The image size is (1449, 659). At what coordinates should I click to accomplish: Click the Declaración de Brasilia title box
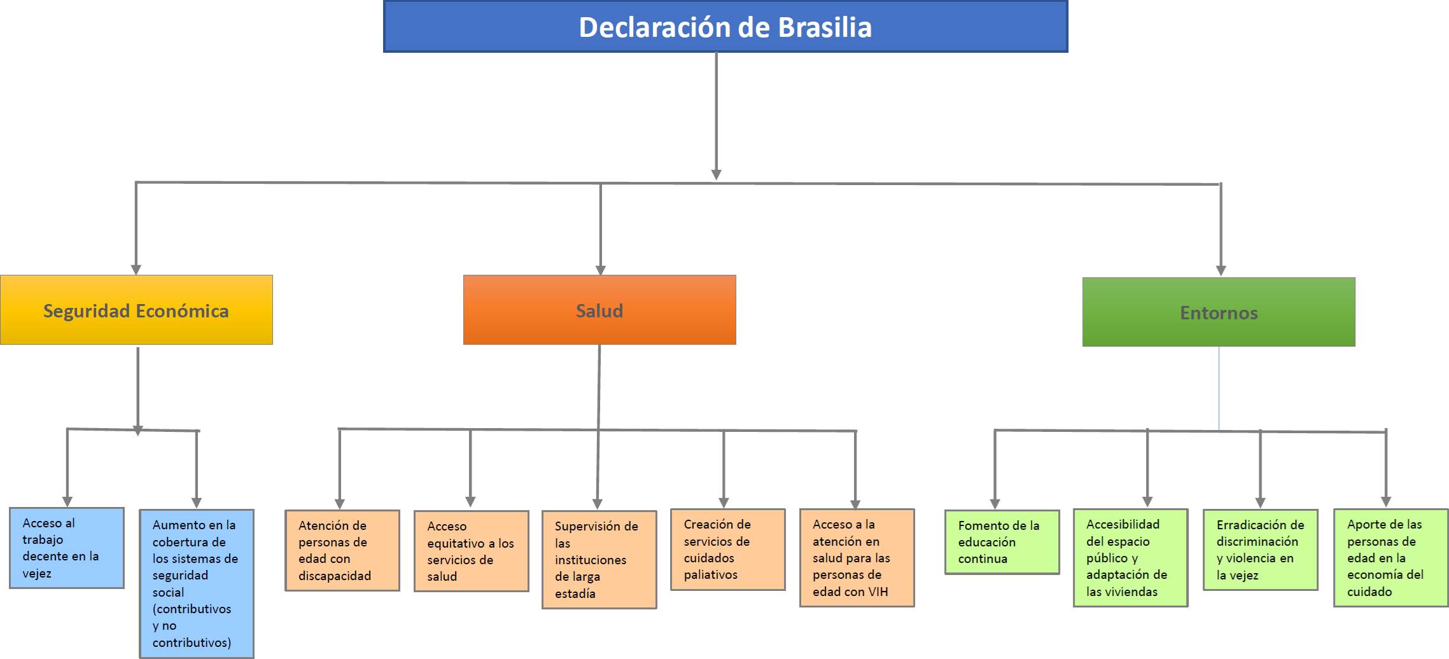pyautogui.click(x=725, y=27)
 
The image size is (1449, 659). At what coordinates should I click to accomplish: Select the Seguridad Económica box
pyautogui.click(x=136, y=310)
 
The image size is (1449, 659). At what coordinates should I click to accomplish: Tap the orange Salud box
pyautogui.click(x=599, y=310)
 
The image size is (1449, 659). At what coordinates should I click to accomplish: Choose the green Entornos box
pyautogui.click(x=1219, y=312)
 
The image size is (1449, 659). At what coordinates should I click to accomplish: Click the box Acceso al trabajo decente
pyautogui.click(x=67, y=548)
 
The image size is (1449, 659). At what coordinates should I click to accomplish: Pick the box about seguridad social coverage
pyautogui.click(x=197, y=583)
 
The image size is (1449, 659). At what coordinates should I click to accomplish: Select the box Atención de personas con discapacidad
pyautogui.click(x=342, y=550)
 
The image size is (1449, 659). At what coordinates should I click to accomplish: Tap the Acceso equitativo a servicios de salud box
pyautogui.click(x=472, y=551)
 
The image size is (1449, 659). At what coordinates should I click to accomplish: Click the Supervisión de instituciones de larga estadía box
pyautogui.click(x=599, y=560)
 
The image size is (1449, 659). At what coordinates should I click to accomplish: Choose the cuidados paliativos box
pyautogui.click(x=728, y=550)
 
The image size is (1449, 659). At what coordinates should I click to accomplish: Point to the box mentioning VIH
pyautogui.click(x=857, y=558)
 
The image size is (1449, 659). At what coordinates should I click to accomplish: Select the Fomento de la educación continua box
pyautogui.click(x=1002, y=542)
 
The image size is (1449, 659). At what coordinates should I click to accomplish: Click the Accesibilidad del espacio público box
pyautogui.click(x=1131, y=558)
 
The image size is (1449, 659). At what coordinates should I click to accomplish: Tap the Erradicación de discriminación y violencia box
pyautogui.click(x=1261, y=550)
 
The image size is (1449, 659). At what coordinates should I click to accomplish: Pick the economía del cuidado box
pyautogui.click(x=1391, y=558)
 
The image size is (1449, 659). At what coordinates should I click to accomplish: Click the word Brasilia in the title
pyautogui.click(x=825, y=27)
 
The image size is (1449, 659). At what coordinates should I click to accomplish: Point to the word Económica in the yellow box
pyautogui.click(x=182, y=311)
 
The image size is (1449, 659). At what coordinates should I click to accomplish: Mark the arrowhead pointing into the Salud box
pyautogui.click(x=600, y=270)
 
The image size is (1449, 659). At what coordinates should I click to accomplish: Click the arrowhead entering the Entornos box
pyautogui.click(x=1221, y=270)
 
